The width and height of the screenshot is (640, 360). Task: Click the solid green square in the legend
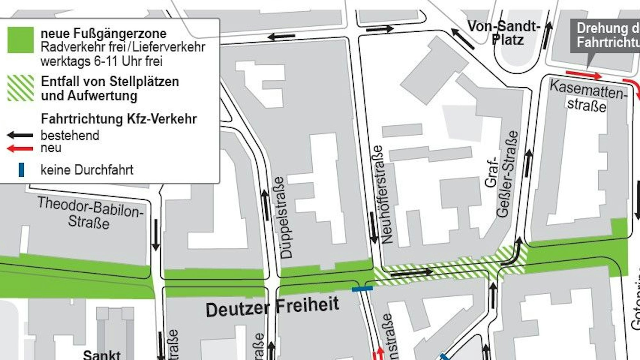pyautogui.click(x=20, y=40)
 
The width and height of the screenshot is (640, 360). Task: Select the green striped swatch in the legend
pyautogui.click(x=20, y=88)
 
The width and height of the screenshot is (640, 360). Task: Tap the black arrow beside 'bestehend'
pyautogui.click(x=20, y=135)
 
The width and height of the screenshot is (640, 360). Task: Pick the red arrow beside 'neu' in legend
pyautogui.click(x=20, y=148)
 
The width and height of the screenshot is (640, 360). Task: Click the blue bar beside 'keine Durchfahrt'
pyautogui.click(x=21, y=170)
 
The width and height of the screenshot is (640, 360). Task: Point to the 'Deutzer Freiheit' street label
pyautogui.click(x=272, y=307)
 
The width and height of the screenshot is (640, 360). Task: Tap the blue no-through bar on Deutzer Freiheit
pyautogui.click(x=362, y=289)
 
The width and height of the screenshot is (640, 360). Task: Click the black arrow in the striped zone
pyautogui.click(x=412, y=273)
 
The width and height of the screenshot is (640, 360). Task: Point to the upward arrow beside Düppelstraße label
pyautogui.click(x=265, y=205)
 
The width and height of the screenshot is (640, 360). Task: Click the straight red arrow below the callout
pyautogui.click(x=584, y=75)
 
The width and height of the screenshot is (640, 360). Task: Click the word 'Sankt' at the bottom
pyautogui.click(x=102, y=355)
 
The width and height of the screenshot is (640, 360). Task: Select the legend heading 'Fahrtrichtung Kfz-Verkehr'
pyautogui.click(x=119, y=119)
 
